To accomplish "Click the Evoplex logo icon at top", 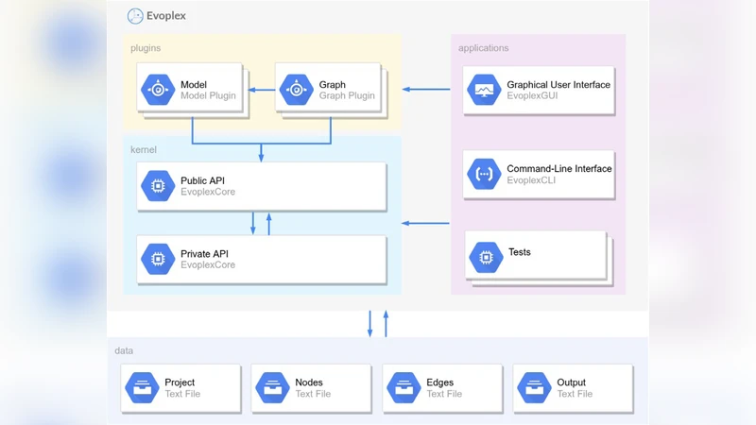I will [135, 16].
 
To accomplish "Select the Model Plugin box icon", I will [157, 90].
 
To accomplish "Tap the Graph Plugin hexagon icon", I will [296, 90].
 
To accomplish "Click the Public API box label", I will [202, 179].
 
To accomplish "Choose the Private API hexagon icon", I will [157, 259].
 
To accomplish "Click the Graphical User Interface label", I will [558, 84].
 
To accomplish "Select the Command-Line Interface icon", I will [485, 175].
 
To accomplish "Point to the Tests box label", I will [519, 252].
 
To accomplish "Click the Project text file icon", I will [143, 387].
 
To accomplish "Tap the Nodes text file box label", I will [309, 382].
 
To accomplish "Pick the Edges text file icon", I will [404, 387].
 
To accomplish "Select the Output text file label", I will [571, 382].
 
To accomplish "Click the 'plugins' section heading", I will [146, 47].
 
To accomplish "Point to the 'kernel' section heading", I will [144, 149].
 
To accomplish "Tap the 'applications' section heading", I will [483, 48].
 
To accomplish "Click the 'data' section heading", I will [124, 350].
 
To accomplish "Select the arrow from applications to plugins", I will [426, 90].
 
